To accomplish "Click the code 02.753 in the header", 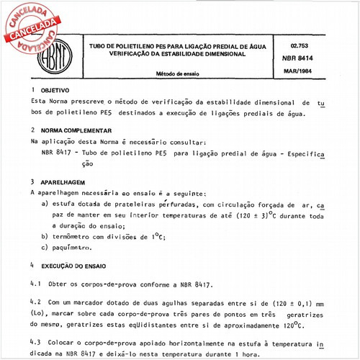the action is (x=307, y=45).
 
